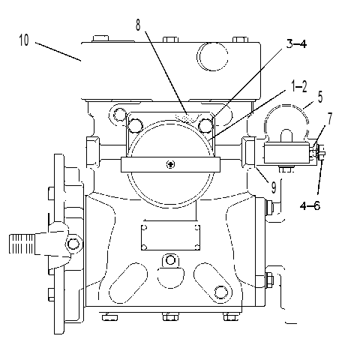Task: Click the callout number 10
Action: (24, 40)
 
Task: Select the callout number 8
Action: (138, 25)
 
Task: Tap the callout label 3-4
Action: (296, 44)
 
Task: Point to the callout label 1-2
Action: (298, 86)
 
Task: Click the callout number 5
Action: (320, 97)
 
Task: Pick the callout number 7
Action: (330, 118)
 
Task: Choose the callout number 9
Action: (274, 187)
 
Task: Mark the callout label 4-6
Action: (310, 205)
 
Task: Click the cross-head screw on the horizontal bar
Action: (170, 164)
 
